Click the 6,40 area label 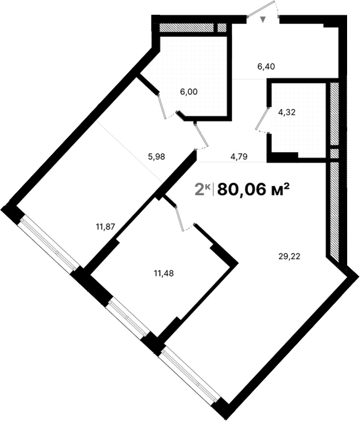[266, 66]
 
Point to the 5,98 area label [157, 156]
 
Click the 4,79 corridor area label [239, 156]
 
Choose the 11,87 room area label [105, 226]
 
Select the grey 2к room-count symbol [202, 190]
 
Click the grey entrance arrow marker [264, 20]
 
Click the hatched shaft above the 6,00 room [187, 28]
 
